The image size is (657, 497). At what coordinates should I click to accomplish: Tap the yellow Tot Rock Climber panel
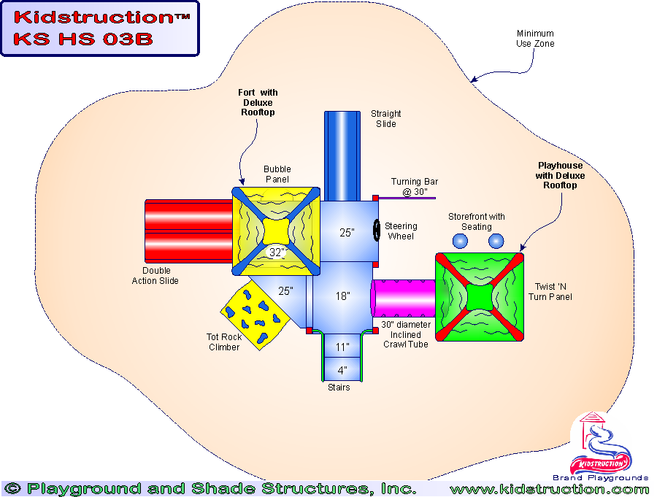(253, 313)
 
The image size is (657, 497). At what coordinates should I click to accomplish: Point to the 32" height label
(277, 253)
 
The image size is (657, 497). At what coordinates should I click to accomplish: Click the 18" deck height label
(342, 296)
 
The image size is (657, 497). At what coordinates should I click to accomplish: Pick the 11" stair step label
(342, 347)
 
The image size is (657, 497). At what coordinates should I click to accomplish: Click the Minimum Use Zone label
(535, 39)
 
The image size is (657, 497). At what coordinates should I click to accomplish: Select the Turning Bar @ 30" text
(415, 187)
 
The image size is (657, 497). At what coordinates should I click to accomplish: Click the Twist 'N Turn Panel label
(550, 292)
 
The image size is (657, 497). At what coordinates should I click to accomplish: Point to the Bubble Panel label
(277, 174)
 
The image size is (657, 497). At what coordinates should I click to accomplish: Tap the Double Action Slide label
(155, 276)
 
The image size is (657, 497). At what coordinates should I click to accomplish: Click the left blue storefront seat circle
(460, 241)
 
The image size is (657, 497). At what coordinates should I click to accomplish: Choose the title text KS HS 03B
(82, 39)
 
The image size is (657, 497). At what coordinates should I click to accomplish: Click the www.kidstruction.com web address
(549, 489)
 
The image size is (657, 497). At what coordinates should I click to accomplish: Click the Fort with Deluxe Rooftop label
(258, 103)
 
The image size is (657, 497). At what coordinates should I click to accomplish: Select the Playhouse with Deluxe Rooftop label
(561, 176)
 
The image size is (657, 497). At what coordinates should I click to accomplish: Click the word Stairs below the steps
(339, 388)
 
